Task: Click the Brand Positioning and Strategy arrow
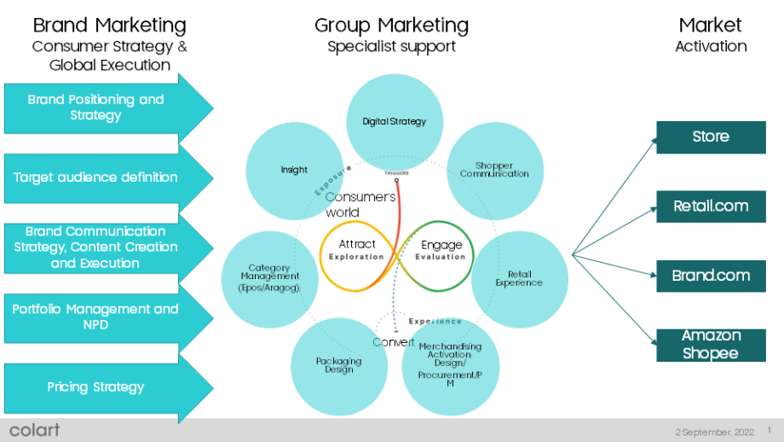pos(95,108)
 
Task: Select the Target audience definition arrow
pos(95,177)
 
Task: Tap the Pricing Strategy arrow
pos(95,387)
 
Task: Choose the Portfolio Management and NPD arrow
pos(95,317)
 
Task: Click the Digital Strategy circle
pos(394,121)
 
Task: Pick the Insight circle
pos(294,170)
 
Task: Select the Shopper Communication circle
pos(494,170)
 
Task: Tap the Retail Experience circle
pos(519,279)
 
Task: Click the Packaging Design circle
pos(339,365)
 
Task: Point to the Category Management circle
pos(269,277)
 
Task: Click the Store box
pos(711,137)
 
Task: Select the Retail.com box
pos(711,206)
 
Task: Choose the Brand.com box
pos(711,276)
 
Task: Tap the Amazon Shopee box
pos(711,345)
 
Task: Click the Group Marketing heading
pos(391,25)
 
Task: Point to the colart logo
pos(35,429)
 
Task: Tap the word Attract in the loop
pos(356,244)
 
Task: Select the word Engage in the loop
pos(441,245)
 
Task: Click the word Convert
pos(394,342)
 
